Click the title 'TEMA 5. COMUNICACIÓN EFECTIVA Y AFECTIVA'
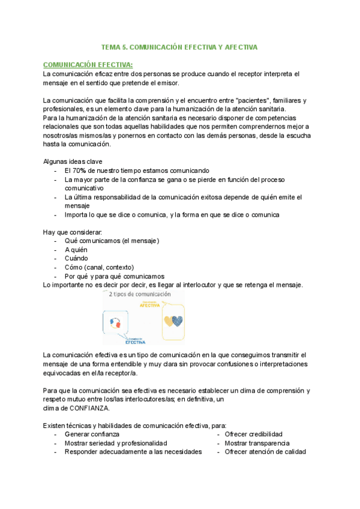(179, 47)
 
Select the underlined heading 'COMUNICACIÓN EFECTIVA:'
(88, 65)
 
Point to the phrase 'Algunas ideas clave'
(73, 161)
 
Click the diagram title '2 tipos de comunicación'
(139, 295)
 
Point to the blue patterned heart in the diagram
(177, 321)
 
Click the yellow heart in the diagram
(169, 321)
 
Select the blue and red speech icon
(116, 324)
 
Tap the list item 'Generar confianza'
(92, 434)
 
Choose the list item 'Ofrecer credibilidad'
(253, 434)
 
